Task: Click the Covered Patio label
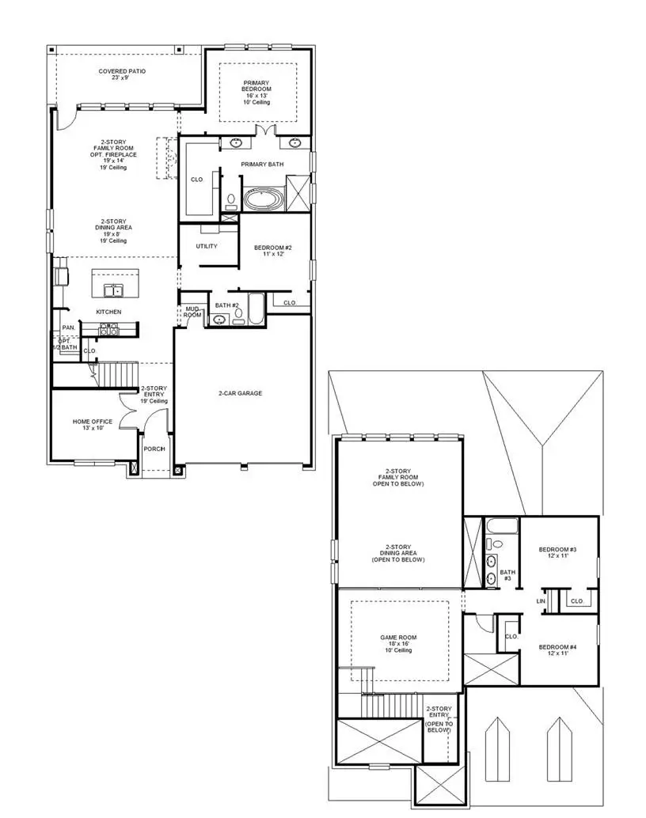tap(122, 74)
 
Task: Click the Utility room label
tap(207, 246)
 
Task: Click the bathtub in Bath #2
tap(258, 309)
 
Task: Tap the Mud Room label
tap(192, 312)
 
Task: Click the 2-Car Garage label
tap(241, 393)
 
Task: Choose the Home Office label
tap(93, 425)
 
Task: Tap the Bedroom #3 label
tap(557, 553)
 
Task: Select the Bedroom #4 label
tap(557, 649)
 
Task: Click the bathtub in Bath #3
tap(501, 526)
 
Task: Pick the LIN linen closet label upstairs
tap(541, 601)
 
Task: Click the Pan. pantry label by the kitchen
tap(69, 328)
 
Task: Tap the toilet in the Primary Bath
tap(231, 201)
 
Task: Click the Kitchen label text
tap(108, 312)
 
